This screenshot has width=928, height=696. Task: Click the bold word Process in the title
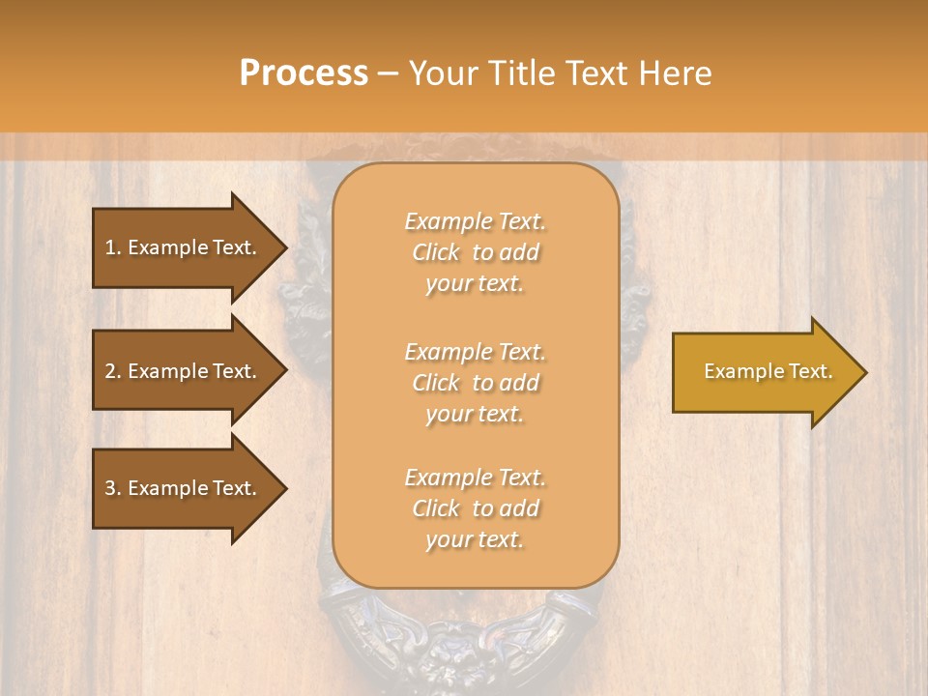click(304, 73)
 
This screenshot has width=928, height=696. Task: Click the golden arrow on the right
click(764, 372)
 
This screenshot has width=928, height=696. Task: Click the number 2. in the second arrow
click(113, 371)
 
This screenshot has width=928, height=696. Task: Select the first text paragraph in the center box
click(475, 252)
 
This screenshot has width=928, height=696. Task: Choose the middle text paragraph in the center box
click(475, 383)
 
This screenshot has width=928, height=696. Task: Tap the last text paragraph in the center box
click(475, 508)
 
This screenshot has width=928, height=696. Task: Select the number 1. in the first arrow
click(113, 247)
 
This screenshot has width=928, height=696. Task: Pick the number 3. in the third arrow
click(113, 488)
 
